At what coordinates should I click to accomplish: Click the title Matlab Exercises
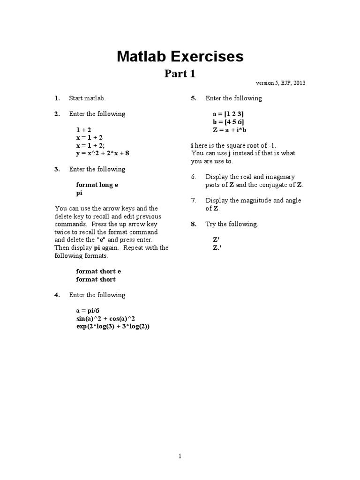[180, 57]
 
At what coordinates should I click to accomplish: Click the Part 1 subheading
[180, 74]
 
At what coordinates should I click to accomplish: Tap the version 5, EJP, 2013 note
[281, 83]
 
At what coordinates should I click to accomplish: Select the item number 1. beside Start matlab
[57, 98]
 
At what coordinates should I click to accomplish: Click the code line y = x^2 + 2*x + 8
[102, 153]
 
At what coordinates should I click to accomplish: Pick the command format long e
[97, 185]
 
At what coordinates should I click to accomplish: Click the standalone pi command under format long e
[79, 193]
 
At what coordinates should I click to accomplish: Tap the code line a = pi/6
[88, 311]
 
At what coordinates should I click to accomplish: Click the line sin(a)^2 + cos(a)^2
[105, 319]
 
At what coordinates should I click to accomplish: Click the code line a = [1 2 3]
[228, 114]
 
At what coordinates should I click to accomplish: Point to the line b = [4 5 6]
[228, 122]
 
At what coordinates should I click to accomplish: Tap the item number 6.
[193, 177]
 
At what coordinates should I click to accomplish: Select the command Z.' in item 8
[217, 247]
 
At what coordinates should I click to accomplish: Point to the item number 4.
[57, 295]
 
